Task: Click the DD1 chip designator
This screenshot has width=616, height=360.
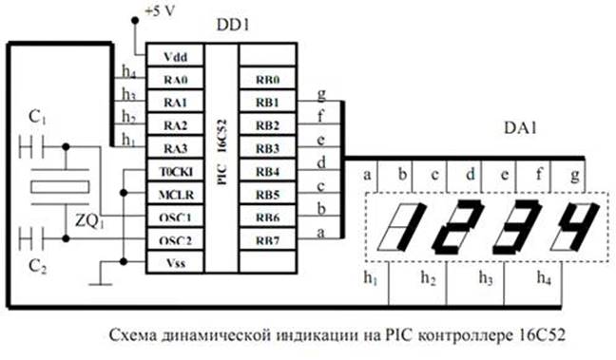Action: coord(231,27)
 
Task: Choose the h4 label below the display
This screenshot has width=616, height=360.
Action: coord(543,279)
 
